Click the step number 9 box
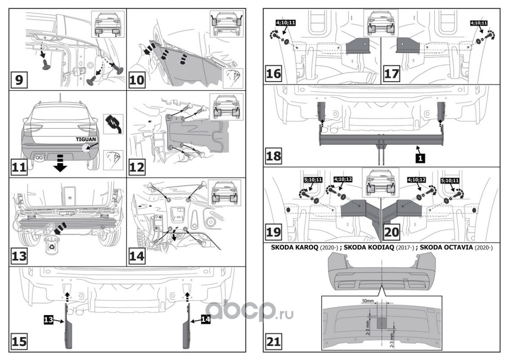click(19, 81)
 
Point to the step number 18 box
click(274, 157)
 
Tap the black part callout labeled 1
click(419, 158)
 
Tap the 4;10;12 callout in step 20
click(416, 179)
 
